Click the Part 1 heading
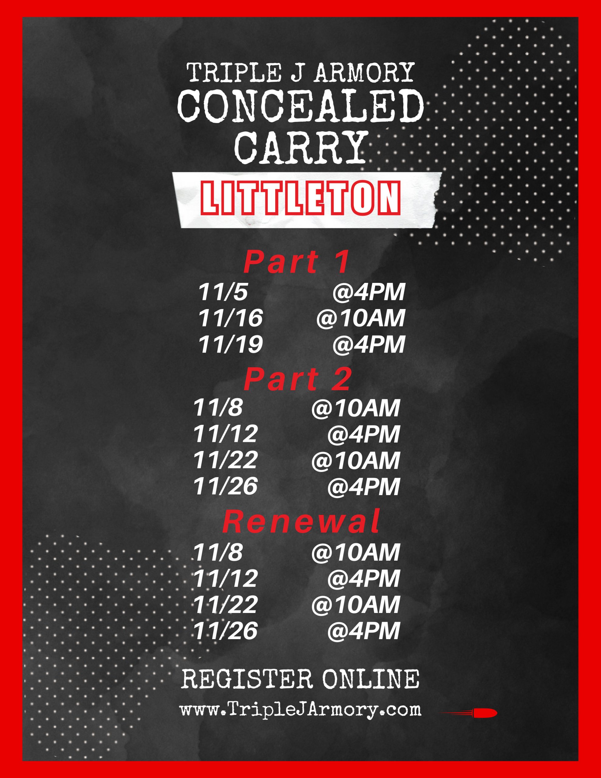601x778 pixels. click(297, 262)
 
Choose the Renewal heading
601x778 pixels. click(301, 521)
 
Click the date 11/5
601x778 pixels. click(223, 292)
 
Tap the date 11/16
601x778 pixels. click(231, 318)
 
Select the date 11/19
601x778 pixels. click(231, 344)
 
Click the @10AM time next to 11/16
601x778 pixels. click(361, 318)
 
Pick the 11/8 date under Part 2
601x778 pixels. click(218, 408)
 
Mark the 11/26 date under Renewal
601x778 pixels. click(225, 631)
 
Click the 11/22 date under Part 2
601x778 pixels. click(225, 460)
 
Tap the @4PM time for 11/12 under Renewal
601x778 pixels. click(363, 579)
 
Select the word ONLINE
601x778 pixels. click(371, 679)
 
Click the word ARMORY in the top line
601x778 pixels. click(364, 72)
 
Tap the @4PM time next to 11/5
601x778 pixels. click(369, 292)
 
